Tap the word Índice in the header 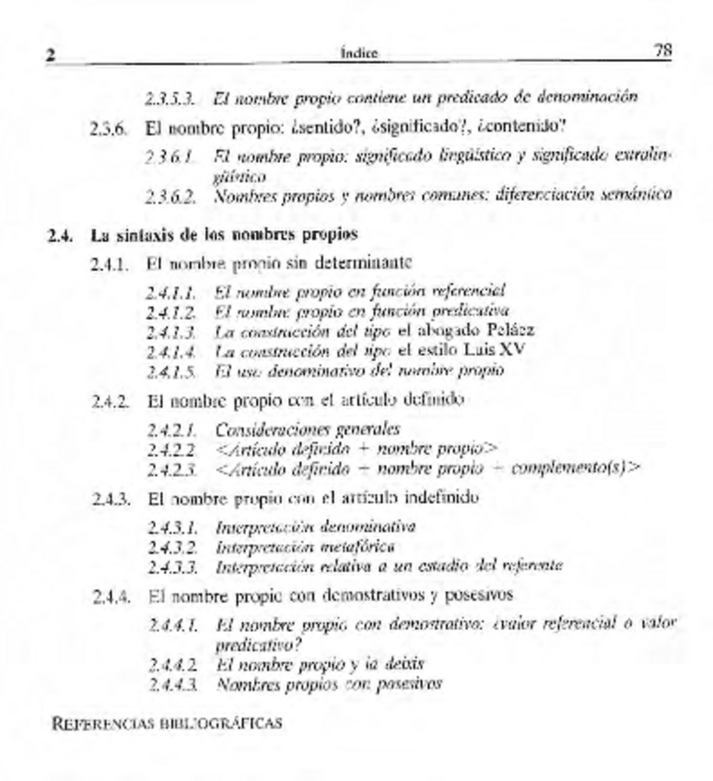point(356,55)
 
